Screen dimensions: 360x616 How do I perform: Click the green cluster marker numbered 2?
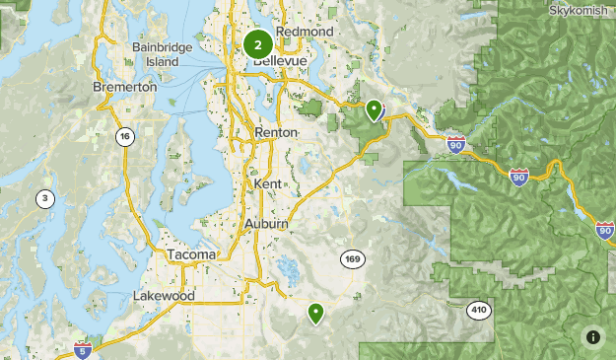pyautogui.click(x=258, y=44)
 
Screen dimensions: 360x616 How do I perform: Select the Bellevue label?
pyautogui.click(x=281, y=61)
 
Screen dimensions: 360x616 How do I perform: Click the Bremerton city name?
pyautogui.click(x=124, y=87)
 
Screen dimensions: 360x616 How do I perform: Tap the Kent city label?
pyautogui.click(x=267, y=184)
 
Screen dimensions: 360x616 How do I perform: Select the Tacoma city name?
pyautogui.click(x=190, y=254)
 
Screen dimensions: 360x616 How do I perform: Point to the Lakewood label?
pyautogui.click(x=164, y=296)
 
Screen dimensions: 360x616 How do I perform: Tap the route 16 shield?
pyautogui.click(x=124, y=137)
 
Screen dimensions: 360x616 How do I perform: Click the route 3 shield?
pyautogui.click(x=45, y=198)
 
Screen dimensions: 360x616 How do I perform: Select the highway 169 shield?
pyautogui.click(x=353, y=259)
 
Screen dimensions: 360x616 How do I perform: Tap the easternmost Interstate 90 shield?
pyautogui.click(x=605, y=230)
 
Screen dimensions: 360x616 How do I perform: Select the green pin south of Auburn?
pyautogui.click(x=315, y=314)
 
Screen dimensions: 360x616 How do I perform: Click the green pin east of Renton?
pyautogui.click(x=374, y=109)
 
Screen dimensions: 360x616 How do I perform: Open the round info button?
pyautogui.click(x=593, y=337)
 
